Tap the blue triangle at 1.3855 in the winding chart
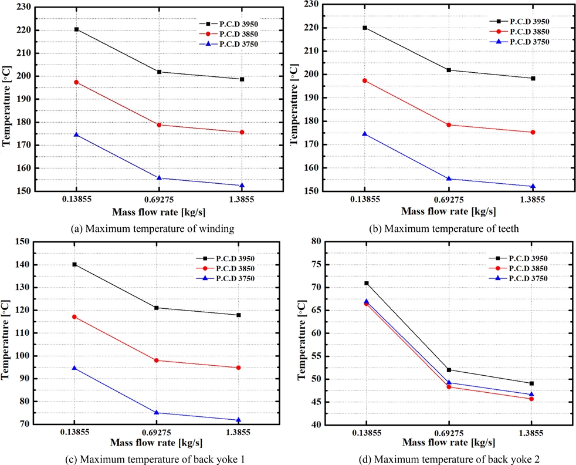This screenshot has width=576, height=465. tap(242, 185)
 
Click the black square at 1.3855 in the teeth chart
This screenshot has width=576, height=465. tap(533, 78)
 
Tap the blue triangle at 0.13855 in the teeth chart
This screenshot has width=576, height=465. tap(365, 133)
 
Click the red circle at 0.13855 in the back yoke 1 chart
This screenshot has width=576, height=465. tap(74, 316)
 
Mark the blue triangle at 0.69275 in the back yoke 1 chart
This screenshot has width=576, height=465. tap(157, 412)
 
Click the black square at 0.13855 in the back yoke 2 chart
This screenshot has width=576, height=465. tap(367, 283)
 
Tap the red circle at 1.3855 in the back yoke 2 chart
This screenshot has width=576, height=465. tap(531, 399)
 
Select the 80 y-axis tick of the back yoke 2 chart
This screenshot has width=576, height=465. tap(317, 241)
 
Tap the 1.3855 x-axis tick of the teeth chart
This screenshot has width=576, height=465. tap(533, 200)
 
